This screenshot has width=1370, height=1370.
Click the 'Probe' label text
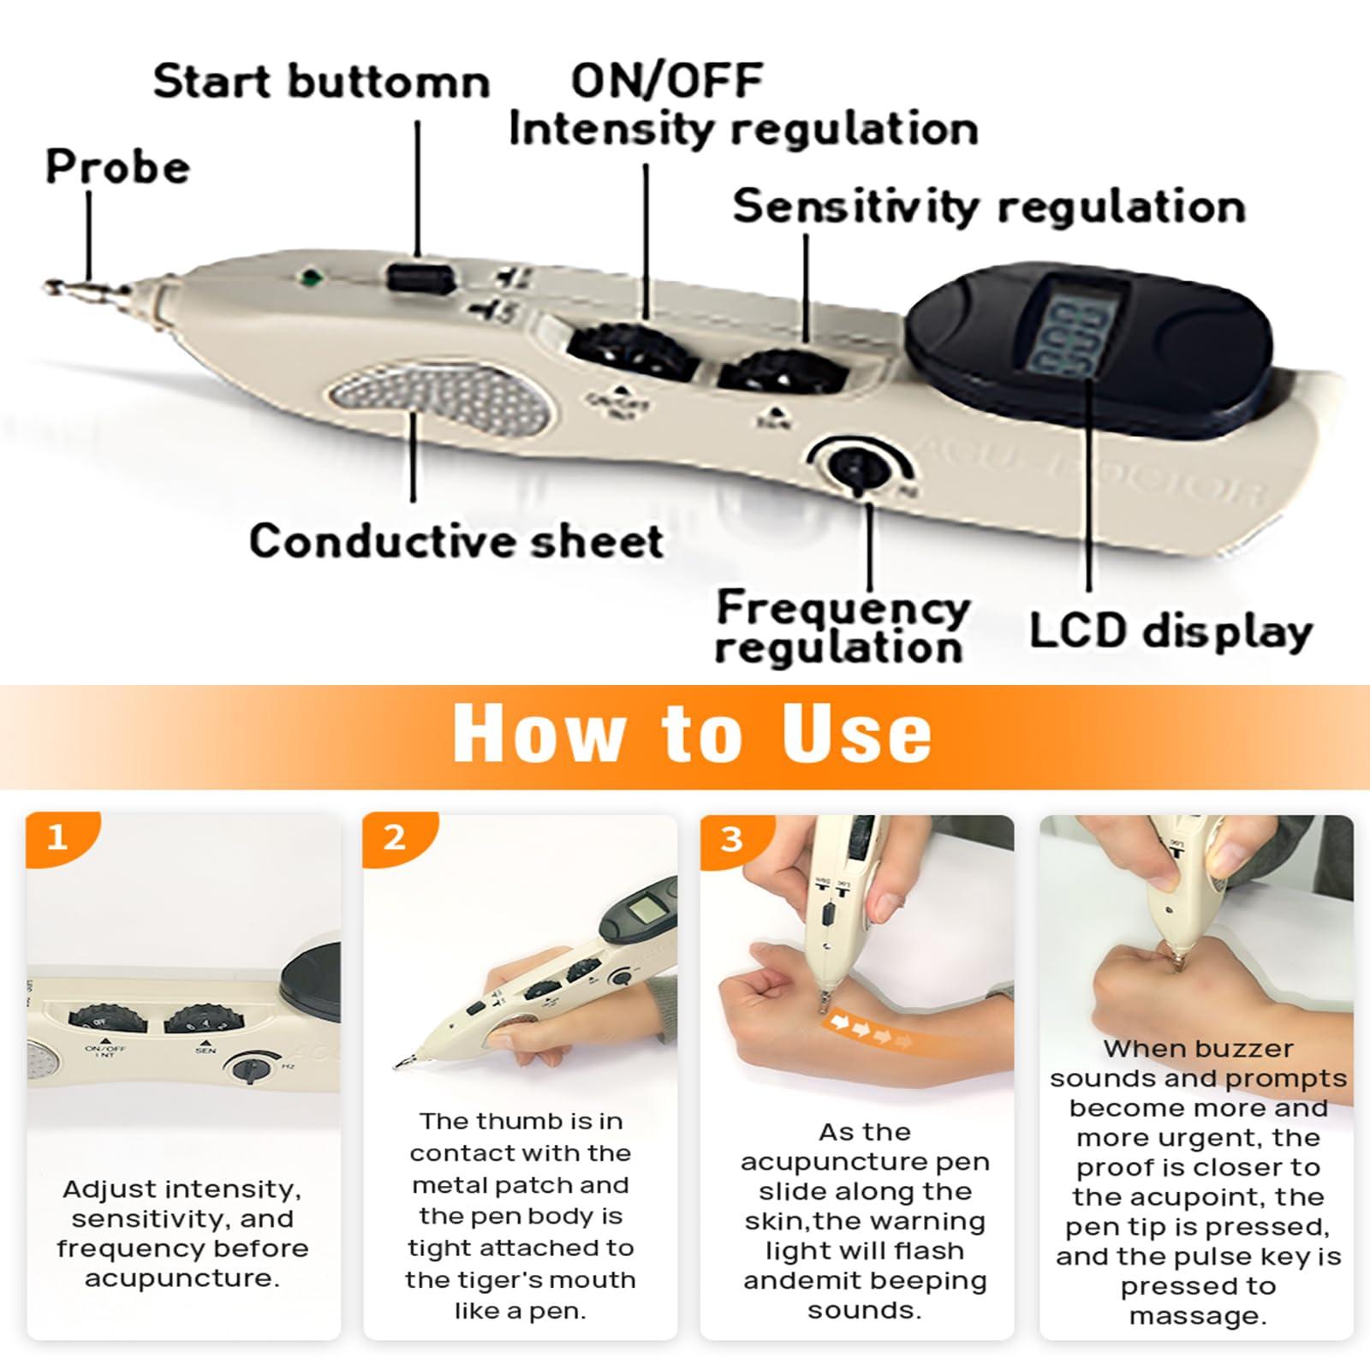(x=117, y=166)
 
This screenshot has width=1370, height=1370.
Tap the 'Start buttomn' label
(x=321, y=82)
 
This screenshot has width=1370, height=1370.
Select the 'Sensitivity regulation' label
(x=989, y=206)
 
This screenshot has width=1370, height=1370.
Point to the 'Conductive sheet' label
(x=456, y=541)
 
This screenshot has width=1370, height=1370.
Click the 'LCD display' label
(x=1170, y=631)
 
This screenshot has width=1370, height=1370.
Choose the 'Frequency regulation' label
(x=843, y=628)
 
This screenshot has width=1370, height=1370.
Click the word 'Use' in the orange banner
(x=857, y=735)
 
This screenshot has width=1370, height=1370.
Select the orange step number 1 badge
(x=57, y=837)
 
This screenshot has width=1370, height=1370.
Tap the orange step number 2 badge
(x=395, y=837)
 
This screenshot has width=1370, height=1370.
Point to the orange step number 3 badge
(x=731, y=838)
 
